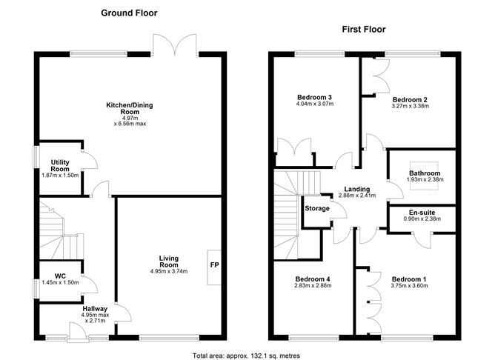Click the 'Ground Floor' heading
click(129, 13)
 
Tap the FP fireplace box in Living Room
click(214, 265)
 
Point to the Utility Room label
click(60, 165)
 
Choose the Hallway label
click(95, 309)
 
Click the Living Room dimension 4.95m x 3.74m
click(168, 272)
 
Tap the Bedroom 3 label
click(314, 96)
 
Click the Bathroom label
click(425, 173)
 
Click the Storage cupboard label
click(316, 208)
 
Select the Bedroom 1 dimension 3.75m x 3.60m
click(411, 286)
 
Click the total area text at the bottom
click(247, 353)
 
